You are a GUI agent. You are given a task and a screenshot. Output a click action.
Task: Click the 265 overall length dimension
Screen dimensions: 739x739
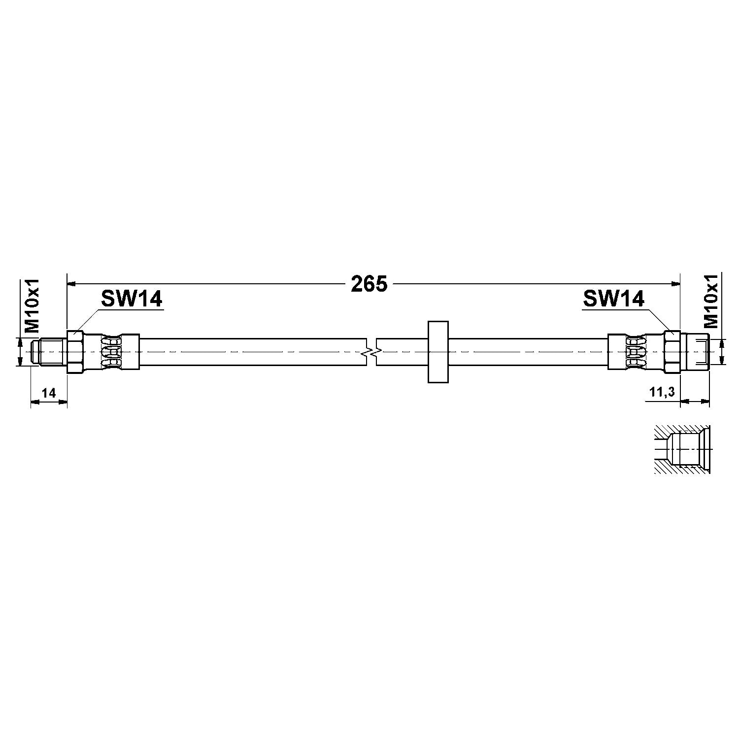(369, 284)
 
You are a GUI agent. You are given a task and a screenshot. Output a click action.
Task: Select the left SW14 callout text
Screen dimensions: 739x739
(132, 299)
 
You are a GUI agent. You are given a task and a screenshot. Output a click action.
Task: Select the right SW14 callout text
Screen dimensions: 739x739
(614, 299)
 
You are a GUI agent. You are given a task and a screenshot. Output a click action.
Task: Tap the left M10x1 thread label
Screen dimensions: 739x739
(32, 306)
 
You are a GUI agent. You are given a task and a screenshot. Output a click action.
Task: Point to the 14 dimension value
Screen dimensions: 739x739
(48, 393)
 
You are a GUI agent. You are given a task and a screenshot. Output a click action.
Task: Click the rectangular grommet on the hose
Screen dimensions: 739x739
(437, 352)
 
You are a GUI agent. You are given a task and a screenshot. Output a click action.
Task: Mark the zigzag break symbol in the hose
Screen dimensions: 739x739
(371, 352)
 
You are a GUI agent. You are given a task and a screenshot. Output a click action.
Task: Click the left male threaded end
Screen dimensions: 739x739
(48, 352)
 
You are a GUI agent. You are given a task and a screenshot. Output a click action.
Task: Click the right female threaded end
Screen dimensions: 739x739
(695, 352)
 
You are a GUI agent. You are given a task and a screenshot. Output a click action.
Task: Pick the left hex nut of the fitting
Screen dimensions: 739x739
(75, 352)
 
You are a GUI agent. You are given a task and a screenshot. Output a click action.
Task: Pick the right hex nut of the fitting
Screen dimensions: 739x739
(672, 352)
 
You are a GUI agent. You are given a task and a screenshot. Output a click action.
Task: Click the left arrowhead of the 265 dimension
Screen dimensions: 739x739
(71, 284)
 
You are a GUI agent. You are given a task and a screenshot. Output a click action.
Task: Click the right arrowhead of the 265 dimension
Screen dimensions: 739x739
(676, 284)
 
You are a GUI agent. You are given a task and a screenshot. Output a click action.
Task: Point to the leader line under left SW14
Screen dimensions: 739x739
(89, 320)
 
